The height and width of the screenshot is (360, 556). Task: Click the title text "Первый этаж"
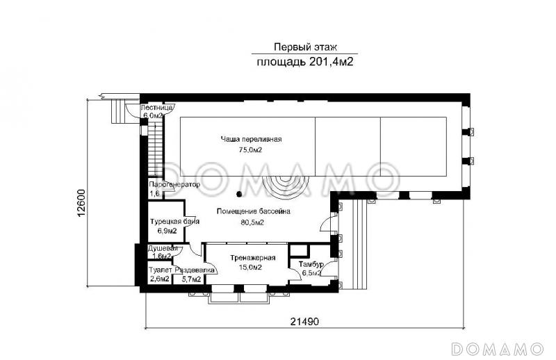(305, 47)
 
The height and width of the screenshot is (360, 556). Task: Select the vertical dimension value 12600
(81, 203)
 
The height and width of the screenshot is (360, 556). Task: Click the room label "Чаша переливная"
(252, 139)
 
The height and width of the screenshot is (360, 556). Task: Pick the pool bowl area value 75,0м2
(250, 149)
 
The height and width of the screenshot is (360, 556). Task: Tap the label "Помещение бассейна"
(253, 211)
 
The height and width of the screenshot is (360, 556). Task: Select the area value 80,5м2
(252, 222)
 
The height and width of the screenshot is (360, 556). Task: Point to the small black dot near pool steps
(239, 193)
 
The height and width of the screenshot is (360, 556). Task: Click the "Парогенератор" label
(174, 185)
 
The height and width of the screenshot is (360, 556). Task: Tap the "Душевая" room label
(163, 248)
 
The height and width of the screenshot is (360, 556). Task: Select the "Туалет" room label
(160, 270)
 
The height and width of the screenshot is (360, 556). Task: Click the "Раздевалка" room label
(190, 270)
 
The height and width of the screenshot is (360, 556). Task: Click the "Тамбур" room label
(310, 265)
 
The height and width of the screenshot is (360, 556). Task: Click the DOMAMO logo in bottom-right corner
(496, 347)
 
